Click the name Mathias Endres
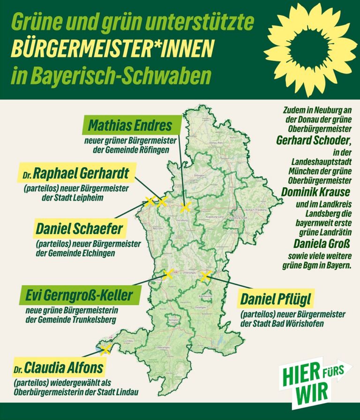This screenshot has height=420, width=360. click(130, 126)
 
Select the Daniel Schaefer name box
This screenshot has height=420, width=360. click(79, 229)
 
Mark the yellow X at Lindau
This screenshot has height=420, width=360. click(105, 349)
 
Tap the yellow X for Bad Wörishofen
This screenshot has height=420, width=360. click(205, 276)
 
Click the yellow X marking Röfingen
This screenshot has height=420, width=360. click(186, 207)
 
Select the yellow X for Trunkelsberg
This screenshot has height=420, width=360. click(167, 274)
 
